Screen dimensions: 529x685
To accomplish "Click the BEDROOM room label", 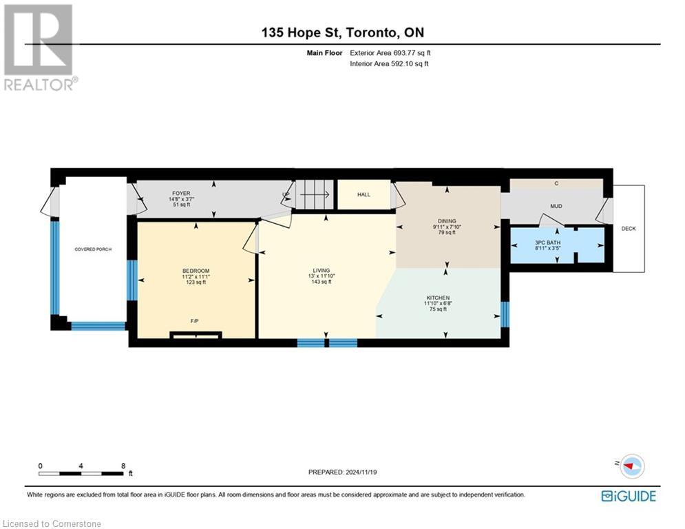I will click(x=196, y=271).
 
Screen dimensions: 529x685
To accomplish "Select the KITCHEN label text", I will click(x=438, y=298).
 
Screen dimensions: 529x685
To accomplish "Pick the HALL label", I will click(x=363, y=195).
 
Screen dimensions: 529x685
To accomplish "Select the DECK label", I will click(x=629, y=229).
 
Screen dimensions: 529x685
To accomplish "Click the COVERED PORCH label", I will click(x=93, y=249).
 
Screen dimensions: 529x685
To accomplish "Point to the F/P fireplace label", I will click(x=196, y=321).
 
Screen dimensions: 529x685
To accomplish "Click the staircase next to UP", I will click(x=315, y=194).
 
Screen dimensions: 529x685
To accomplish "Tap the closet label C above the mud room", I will click(x=556, y=184).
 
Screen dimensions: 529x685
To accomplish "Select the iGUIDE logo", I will click(x=629, y=496).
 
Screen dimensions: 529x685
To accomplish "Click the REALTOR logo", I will click(x=39, y=47).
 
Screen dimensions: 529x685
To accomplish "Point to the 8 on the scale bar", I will click(x=123, y=466).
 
